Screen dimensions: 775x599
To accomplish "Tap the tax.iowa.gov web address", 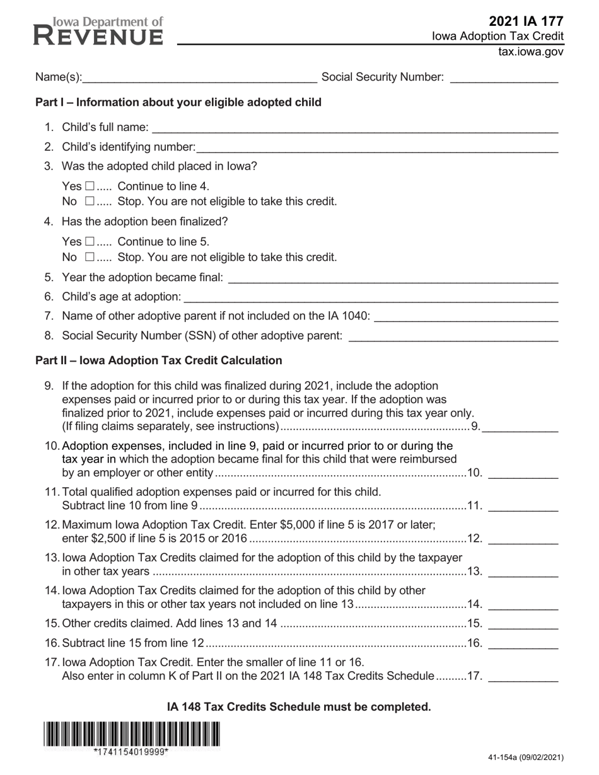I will (531, 52).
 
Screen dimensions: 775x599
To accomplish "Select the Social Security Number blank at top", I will (504, 77).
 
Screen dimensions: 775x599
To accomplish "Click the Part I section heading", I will (178, 102).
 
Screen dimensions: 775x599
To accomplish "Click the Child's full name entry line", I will (354, 128).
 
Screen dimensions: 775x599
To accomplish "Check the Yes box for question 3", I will (90, 187).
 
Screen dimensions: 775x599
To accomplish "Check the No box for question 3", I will (90, 202).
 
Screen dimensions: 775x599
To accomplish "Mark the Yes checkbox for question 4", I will (90, 242).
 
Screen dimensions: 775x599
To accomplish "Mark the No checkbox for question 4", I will (90, 257).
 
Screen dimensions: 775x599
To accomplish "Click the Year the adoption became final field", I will (392, 278).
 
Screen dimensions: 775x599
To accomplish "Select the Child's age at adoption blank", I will (371, 297).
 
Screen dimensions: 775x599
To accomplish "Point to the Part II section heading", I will (159, 360).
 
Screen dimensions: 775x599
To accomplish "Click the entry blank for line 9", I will (520, 427).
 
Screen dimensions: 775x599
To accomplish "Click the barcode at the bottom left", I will (132, 734).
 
